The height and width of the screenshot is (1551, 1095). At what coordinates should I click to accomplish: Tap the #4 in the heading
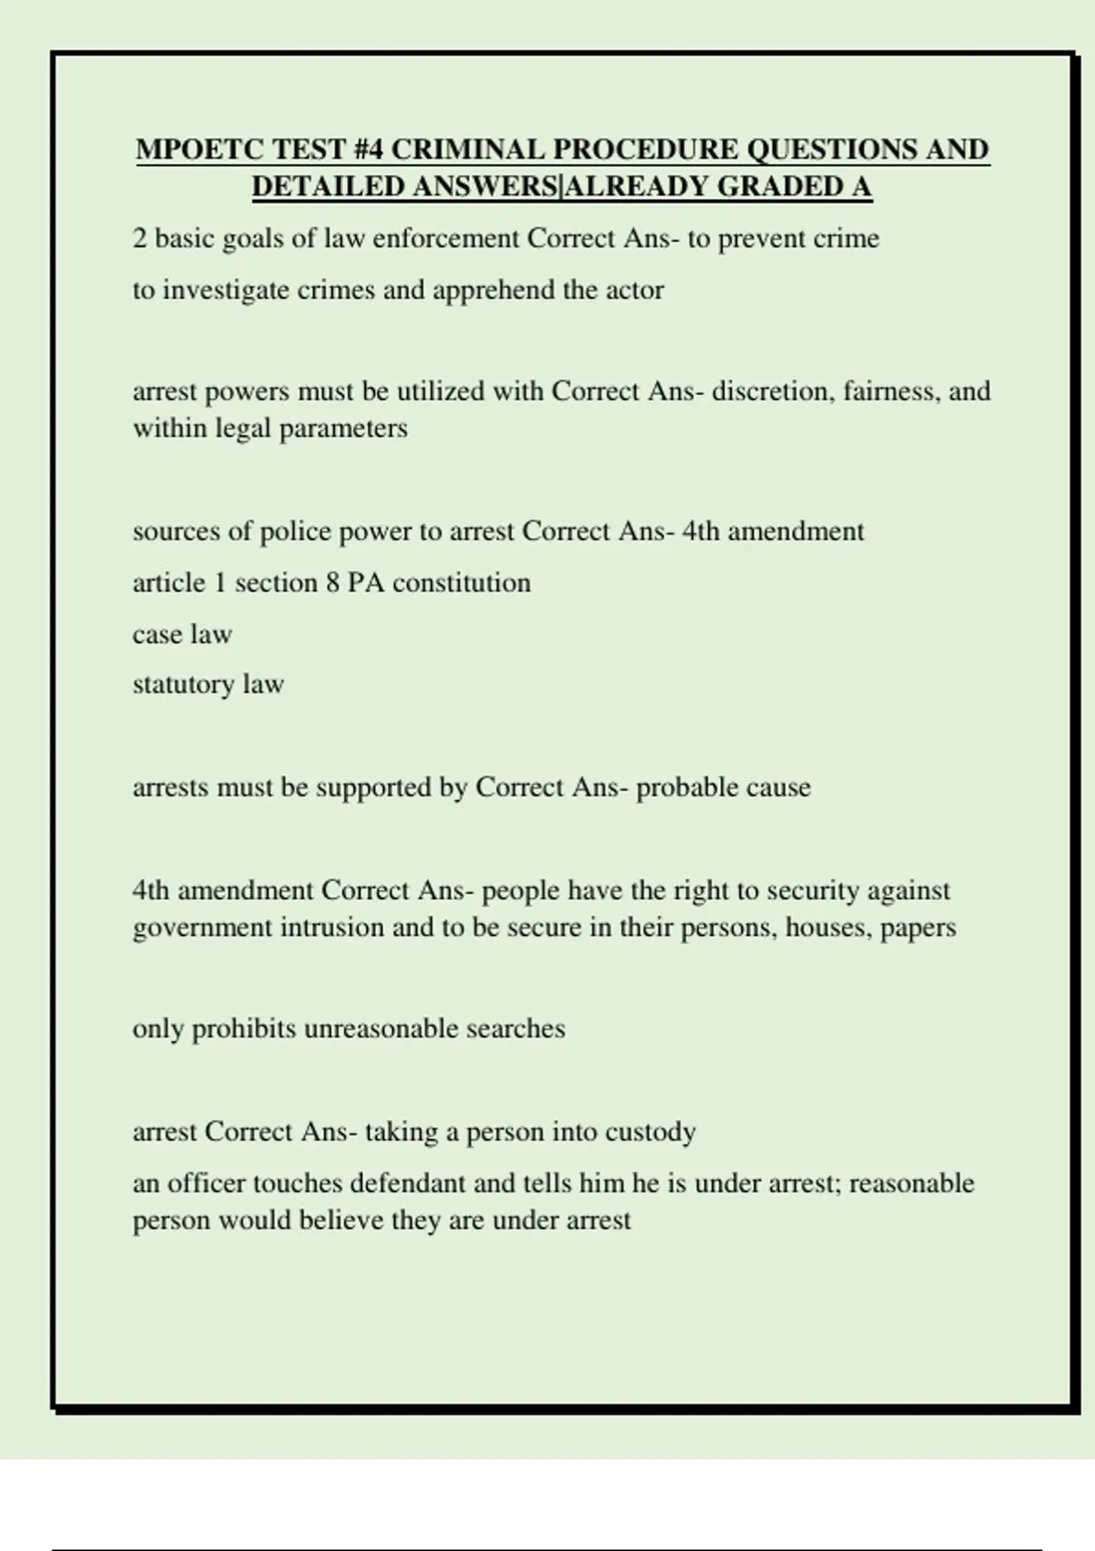tap(364, 150)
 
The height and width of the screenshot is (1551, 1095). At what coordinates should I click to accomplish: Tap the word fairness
tap(892, 391)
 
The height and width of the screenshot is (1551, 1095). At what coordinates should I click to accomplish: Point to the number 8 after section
tap(333, 583)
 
